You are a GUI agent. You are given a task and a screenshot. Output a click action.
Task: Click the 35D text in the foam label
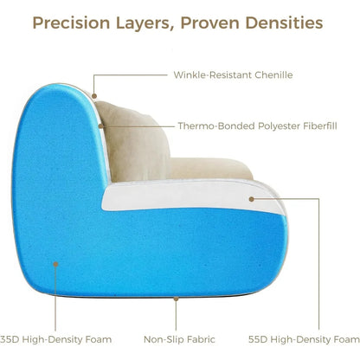click(10, 339)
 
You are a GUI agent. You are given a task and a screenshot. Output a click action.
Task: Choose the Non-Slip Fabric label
click(179, 339)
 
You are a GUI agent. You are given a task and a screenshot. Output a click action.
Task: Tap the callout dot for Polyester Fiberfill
click(101, 126)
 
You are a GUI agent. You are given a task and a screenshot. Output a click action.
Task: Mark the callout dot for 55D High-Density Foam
click(251, 199)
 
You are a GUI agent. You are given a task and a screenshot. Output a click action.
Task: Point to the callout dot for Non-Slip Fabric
click(176, 300)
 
